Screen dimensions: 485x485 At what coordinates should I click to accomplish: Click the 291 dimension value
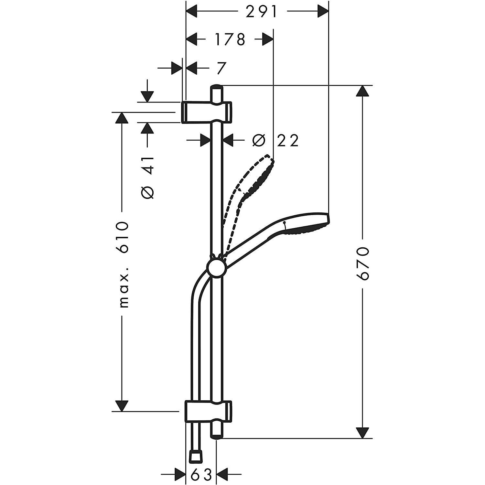point(262,12)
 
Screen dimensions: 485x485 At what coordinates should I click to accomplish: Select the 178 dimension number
point(230,40)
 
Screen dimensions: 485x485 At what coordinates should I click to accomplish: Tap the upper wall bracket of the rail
point(206,112)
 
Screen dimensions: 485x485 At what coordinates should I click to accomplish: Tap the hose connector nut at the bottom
point(195,457)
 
